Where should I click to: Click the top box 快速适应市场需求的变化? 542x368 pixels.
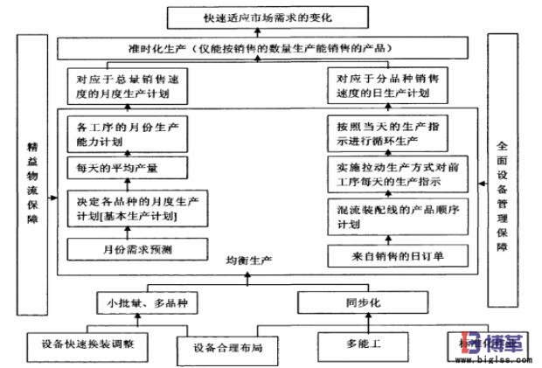(269, 17)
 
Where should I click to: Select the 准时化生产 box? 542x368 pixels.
(269, 47)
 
